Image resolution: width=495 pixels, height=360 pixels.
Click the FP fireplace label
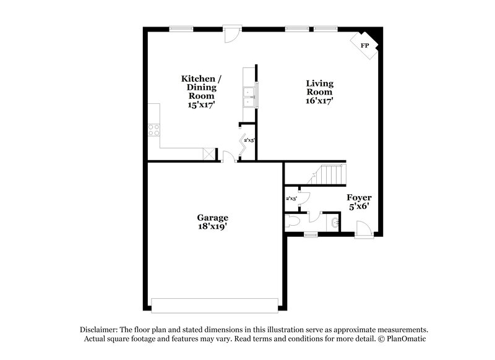click(365, 46)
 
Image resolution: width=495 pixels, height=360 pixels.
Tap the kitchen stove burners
click(153, 130)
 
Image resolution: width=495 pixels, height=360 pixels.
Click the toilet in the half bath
click(294, 221)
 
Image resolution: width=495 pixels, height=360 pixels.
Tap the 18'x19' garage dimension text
click(213, 226)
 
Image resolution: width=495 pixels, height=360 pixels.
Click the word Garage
click(213, 218)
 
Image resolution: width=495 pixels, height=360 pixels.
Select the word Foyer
click(359, 198)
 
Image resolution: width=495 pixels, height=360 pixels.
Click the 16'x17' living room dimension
click(319, 101)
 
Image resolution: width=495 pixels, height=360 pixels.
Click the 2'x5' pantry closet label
click(249, 141)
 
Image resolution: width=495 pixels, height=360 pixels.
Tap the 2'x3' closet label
click(291, 199)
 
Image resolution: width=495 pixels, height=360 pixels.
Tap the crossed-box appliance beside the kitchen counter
click(210, 153)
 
